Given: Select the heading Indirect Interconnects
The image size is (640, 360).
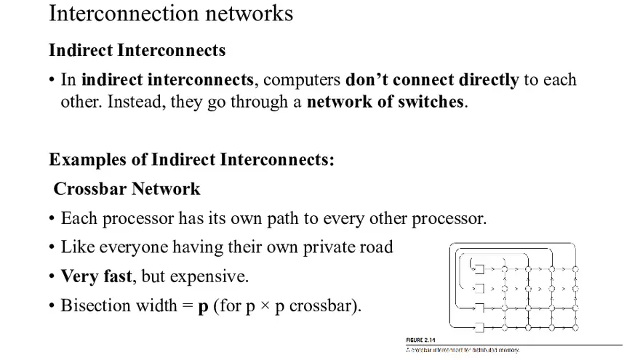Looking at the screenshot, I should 137,50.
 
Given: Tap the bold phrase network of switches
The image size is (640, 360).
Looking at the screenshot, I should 385,101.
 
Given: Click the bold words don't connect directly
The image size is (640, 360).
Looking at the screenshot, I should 432,79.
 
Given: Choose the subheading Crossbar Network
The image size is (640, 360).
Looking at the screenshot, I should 127,189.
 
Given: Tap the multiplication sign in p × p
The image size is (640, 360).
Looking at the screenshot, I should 265,306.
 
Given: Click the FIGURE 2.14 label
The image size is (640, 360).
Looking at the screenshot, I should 420,340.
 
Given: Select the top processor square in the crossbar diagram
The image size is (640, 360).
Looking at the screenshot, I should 479,269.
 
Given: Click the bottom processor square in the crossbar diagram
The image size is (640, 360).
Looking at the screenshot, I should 479,326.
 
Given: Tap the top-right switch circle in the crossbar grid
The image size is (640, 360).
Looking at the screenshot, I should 575,269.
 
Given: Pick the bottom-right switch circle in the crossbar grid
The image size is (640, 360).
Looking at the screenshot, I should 575,326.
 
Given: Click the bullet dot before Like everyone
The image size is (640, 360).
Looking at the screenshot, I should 52,248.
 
